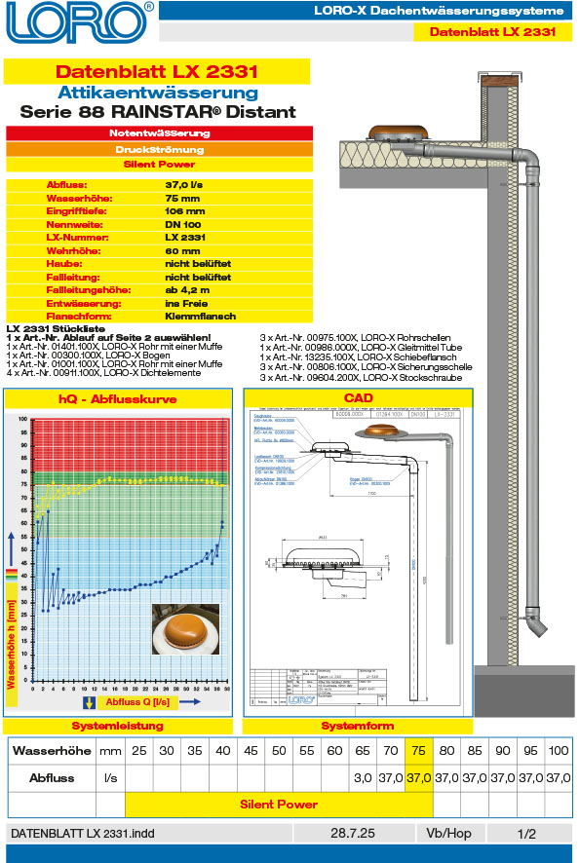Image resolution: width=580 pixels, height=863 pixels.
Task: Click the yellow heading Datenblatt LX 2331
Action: coord(157,72)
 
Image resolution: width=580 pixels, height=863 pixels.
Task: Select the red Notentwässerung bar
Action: coord(158,132)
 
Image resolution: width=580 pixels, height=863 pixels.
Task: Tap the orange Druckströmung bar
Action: coord(158,150)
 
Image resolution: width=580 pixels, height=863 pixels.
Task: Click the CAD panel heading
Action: coord(358,398)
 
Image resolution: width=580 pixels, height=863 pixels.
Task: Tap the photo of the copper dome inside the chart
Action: coord(186,628)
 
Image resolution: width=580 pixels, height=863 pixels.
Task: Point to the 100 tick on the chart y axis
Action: coord(23,419)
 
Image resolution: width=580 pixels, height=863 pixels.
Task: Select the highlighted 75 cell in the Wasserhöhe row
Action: coord(418,751)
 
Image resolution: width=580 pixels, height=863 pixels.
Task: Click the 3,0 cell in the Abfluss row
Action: coord(363,778)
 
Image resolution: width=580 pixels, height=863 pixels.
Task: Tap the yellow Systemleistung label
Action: coord(118,727)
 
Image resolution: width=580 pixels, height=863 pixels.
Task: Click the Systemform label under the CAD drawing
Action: coord(358,727)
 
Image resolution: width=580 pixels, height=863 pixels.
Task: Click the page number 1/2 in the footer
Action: coord(526,834)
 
